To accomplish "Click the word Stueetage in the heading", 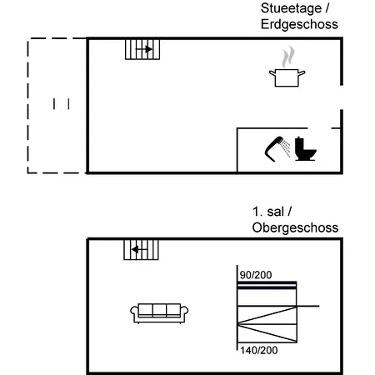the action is point(291,8).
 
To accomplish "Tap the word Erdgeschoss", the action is point(299,24).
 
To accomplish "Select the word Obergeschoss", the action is point(295,227).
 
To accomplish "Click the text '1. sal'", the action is point(268,212).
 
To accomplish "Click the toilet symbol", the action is point(305,149).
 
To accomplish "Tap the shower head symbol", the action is point(277,149).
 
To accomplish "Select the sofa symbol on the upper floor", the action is point(159,313).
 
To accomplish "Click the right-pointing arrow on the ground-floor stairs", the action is point(144,49).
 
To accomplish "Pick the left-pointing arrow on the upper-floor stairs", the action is point(139,249).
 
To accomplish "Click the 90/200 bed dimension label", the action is point(256,275).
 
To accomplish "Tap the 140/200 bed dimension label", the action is point(259,351).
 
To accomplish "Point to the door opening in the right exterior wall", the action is point(342,97).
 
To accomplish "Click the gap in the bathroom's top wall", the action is point(319,128).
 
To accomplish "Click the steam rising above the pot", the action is point(288,57).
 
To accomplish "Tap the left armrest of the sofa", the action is point(134,311).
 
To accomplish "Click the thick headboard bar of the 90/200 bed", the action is point(267,283).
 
